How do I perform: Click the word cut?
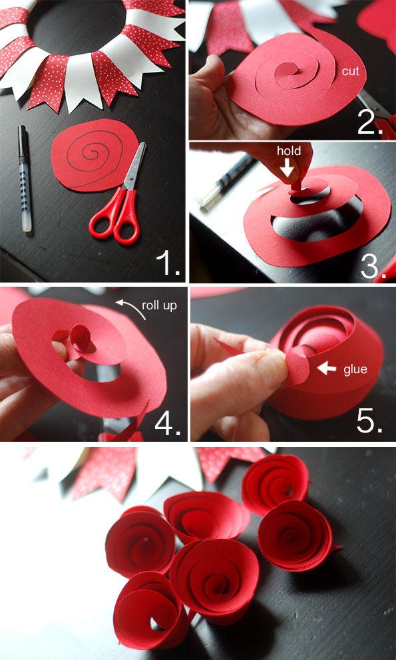351,71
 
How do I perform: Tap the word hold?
289,150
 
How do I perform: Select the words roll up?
159,305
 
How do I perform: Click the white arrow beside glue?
327,369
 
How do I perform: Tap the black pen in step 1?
25,178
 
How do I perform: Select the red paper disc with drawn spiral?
94,155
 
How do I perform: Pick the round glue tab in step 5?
297,365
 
